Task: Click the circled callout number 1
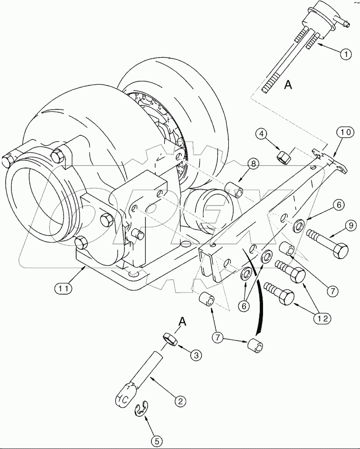click(345, 54)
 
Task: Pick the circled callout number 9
click(351, 225)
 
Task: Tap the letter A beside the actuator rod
click(288, 85)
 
